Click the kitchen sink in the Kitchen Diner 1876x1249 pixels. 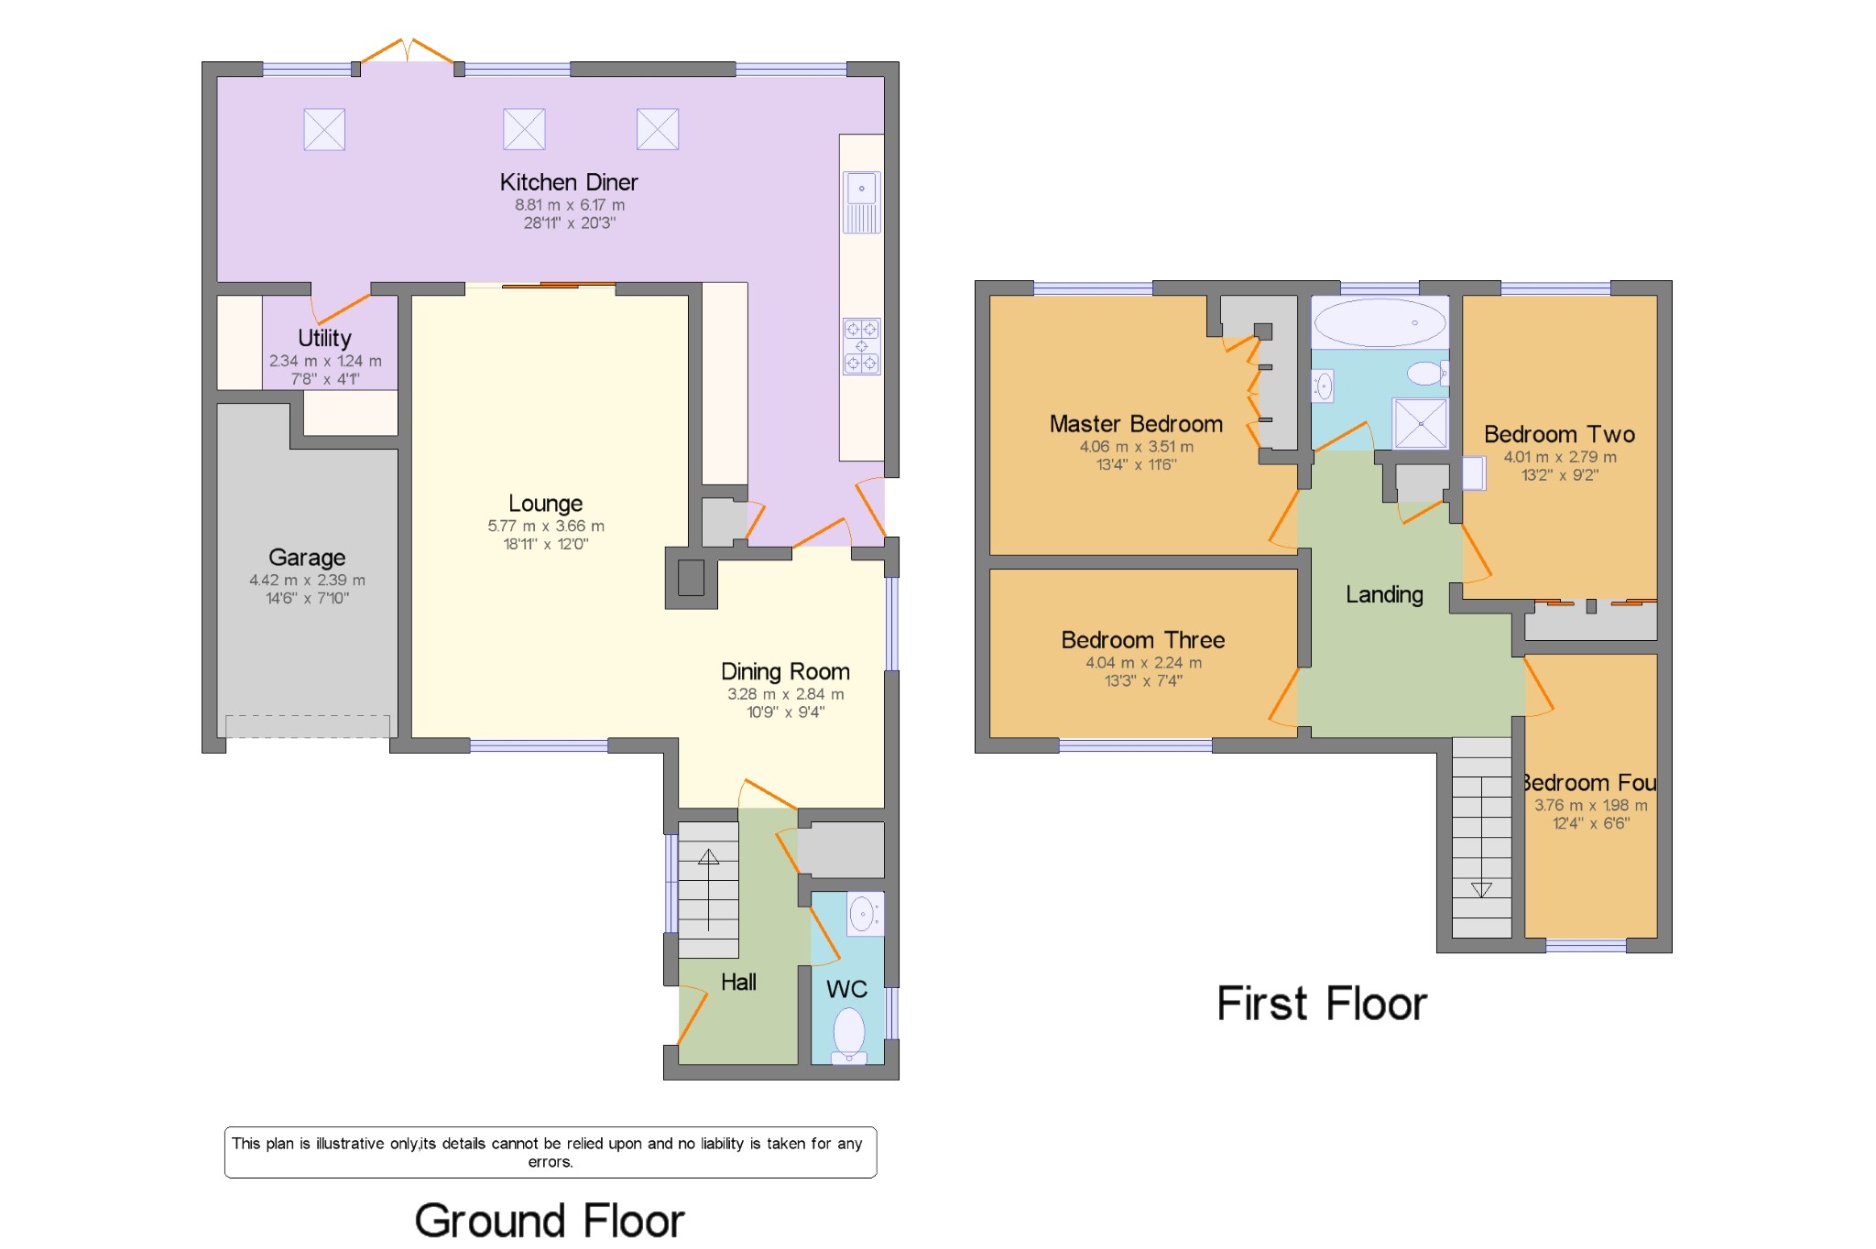pos(861,202)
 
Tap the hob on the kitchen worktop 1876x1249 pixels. pos(861,346)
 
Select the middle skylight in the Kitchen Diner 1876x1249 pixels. pos(524,129)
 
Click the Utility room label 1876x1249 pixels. pos(324,339)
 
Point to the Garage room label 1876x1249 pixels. pos(307,558)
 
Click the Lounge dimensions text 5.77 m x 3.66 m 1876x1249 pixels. pos(546,527)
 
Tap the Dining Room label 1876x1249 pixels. pos(785,672)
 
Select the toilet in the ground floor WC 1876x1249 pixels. pos(849,1036)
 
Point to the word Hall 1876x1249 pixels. pos(738,983)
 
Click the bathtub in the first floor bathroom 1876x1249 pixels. pos(1380,322)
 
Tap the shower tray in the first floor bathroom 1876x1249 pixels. pos(1420,423)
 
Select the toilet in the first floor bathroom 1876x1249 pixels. pos(1427,373)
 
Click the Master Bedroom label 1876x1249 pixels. pos(1136,424)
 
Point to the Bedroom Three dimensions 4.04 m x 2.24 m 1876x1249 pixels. pos(1143,663)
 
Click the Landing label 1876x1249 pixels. pos(1384,595)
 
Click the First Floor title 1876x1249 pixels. pos(1322,1004)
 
